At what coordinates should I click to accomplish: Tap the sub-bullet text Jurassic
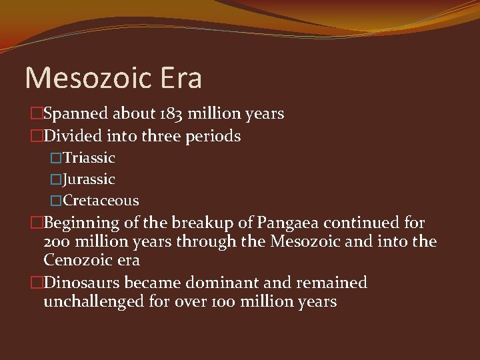point(89,179)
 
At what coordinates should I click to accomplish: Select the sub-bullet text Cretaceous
point(101,201)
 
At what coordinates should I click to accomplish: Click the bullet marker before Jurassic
point(57,180)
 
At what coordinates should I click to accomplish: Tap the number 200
point(56,241)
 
